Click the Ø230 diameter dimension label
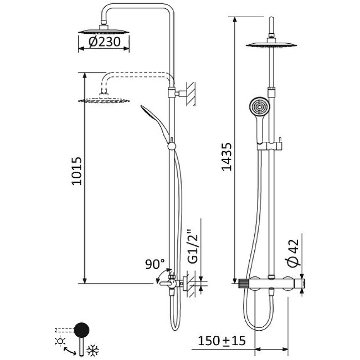[x=104, y=42]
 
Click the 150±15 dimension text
[x=222, y=341]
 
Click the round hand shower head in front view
[x=258, y=107]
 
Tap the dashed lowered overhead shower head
[x=104, y=100]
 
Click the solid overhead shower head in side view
[x=104, y=31]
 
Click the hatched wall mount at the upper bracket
[x=191, y=93]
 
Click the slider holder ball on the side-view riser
[x=171, y=145]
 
